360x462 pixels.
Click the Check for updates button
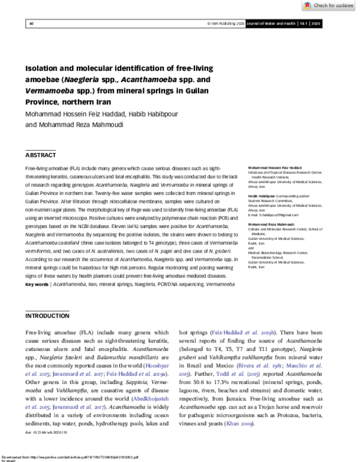329,5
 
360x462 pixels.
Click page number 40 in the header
31,23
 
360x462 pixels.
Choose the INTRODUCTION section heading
47,316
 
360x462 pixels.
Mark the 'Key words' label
36,284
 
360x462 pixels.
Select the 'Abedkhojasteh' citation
151,398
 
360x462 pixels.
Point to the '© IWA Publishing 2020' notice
227,23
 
